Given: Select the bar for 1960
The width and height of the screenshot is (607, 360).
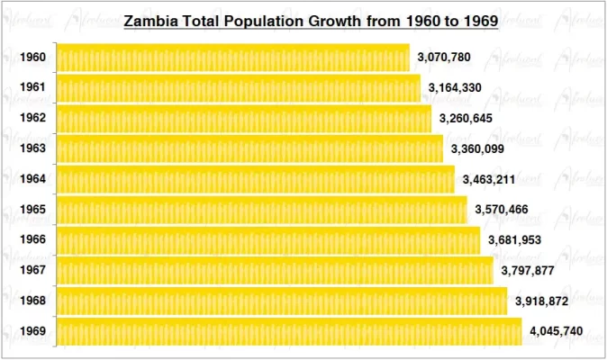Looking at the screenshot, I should (x=232, y=58).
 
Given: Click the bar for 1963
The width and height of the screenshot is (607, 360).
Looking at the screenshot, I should (x=249, y=148).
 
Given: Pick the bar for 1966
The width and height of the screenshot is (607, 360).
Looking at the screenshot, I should (x=268, y=240).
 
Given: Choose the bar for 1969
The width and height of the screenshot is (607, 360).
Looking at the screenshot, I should (x=289, y=331).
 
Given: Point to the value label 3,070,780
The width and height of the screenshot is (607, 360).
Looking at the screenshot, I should (x=444, y=58).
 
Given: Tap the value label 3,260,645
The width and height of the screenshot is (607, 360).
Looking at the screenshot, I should (x=466, y=119).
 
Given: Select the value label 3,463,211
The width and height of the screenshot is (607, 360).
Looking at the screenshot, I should (x=488, y=179).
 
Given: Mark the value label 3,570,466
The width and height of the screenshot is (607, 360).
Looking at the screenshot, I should (x=501, y=210).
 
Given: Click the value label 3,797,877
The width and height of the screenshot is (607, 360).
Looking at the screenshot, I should (x=528, y=271).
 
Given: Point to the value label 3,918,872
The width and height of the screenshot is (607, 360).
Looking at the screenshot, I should (x=541, y=301).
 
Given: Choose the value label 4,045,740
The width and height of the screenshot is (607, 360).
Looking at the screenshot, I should (x=556, y=331).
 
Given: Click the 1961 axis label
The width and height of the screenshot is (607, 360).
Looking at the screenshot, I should (x=32, y=88).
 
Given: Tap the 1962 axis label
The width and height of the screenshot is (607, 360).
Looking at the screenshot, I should (x=32, y=119).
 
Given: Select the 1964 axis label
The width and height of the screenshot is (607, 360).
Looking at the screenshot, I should (x=32, y=179).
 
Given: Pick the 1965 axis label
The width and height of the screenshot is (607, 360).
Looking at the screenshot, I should (x=32, y=210).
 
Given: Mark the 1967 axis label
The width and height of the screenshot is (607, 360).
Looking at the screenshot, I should (x=32, y=271).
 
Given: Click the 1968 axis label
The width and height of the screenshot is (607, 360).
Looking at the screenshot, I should (x=32, y=301).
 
